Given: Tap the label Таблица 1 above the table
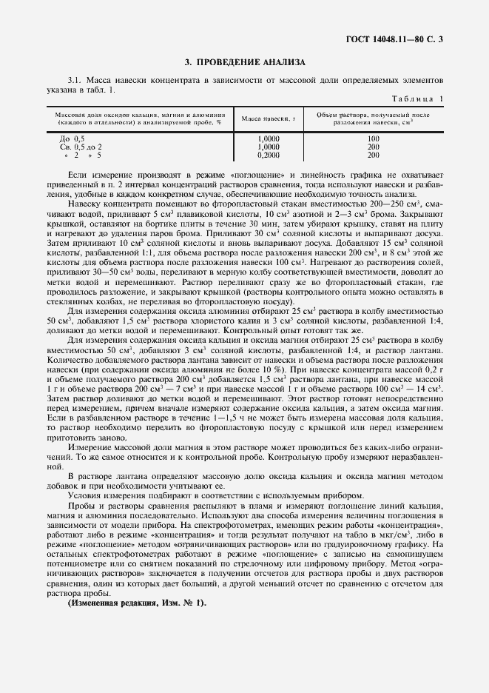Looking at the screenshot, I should (419, 98).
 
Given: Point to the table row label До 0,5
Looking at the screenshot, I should (71, 138).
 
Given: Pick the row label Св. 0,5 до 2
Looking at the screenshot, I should (80, 147).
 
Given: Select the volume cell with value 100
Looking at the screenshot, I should (373, 138).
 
